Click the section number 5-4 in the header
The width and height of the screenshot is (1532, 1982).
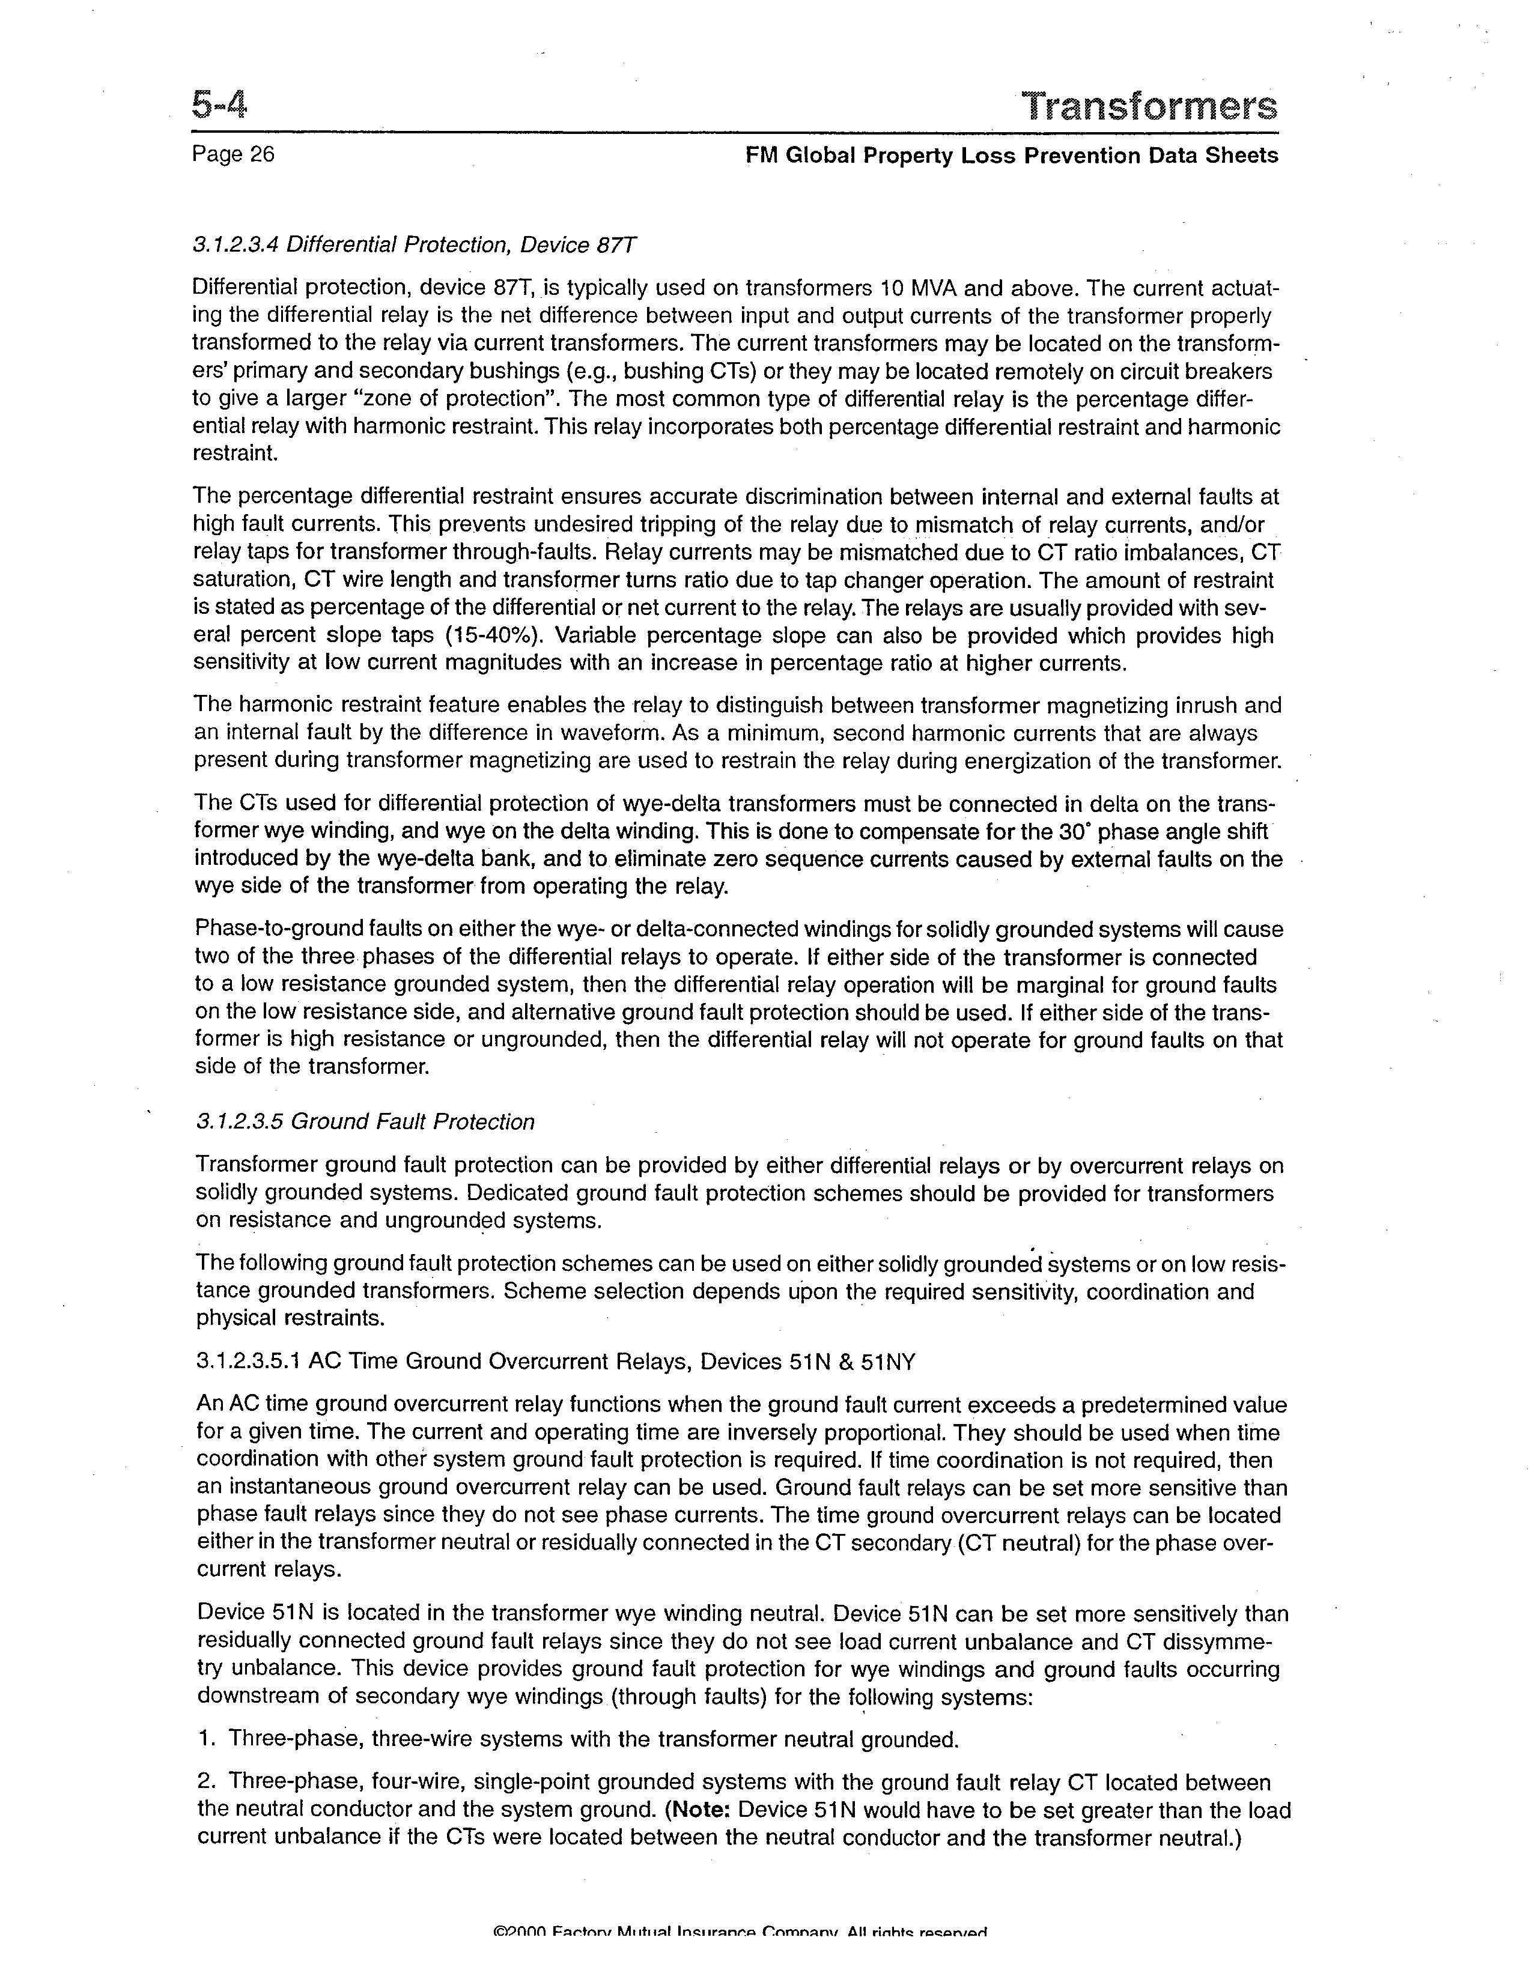(219, 106)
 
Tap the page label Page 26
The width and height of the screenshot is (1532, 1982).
(233, 154)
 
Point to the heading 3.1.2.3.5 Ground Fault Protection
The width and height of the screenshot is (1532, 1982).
(365, 1122)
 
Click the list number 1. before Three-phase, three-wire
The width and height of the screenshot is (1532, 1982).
(206, 1740)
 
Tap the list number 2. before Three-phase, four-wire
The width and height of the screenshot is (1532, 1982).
(206, 1783)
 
